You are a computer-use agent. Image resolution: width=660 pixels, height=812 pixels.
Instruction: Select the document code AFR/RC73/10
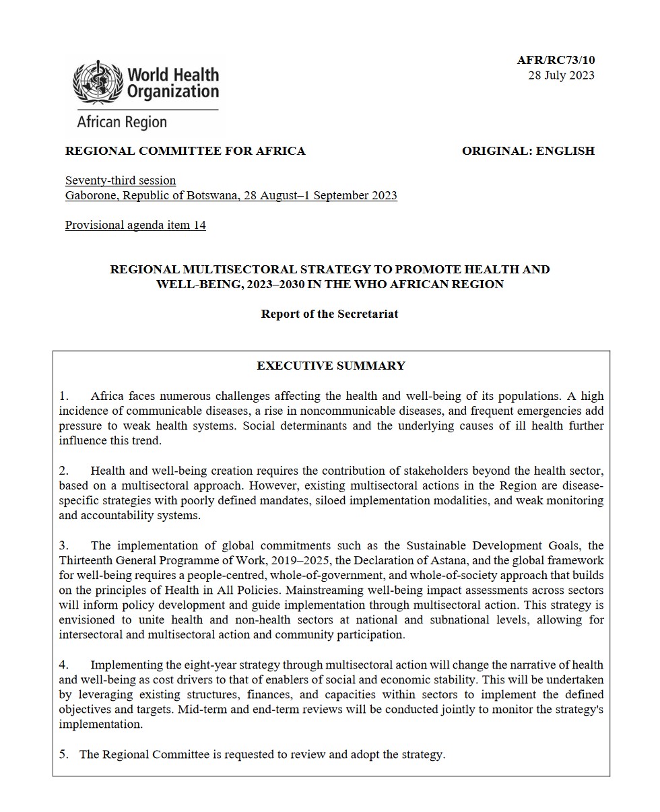(x=556, y=61)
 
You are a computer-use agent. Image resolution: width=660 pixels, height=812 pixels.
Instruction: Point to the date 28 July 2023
(x=561, y=75)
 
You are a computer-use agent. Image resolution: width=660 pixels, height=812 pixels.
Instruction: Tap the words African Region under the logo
(x=122, y=123)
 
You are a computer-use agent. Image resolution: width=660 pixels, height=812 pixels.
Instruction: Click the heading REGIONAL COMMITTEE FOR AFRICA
(x=185, y=151)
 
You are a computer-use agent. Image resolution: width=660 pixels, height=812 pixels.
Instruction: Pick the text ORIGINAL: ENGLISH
(x=528, y=151)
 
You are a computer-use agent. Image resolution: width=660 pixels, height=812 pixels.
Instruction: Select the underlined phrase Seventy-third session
(x=121, y=180)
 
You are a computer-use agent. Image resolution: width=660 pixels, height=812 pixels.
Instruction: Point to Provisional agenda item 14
(x=135, y=225)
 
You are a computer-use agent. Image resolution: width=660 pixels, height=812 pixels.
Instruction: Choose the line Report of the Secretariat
(x=329, y=314)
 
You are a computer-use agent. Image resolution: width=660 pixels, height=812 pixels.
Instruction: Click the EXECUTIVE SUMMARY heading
(x=331, y=366)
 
